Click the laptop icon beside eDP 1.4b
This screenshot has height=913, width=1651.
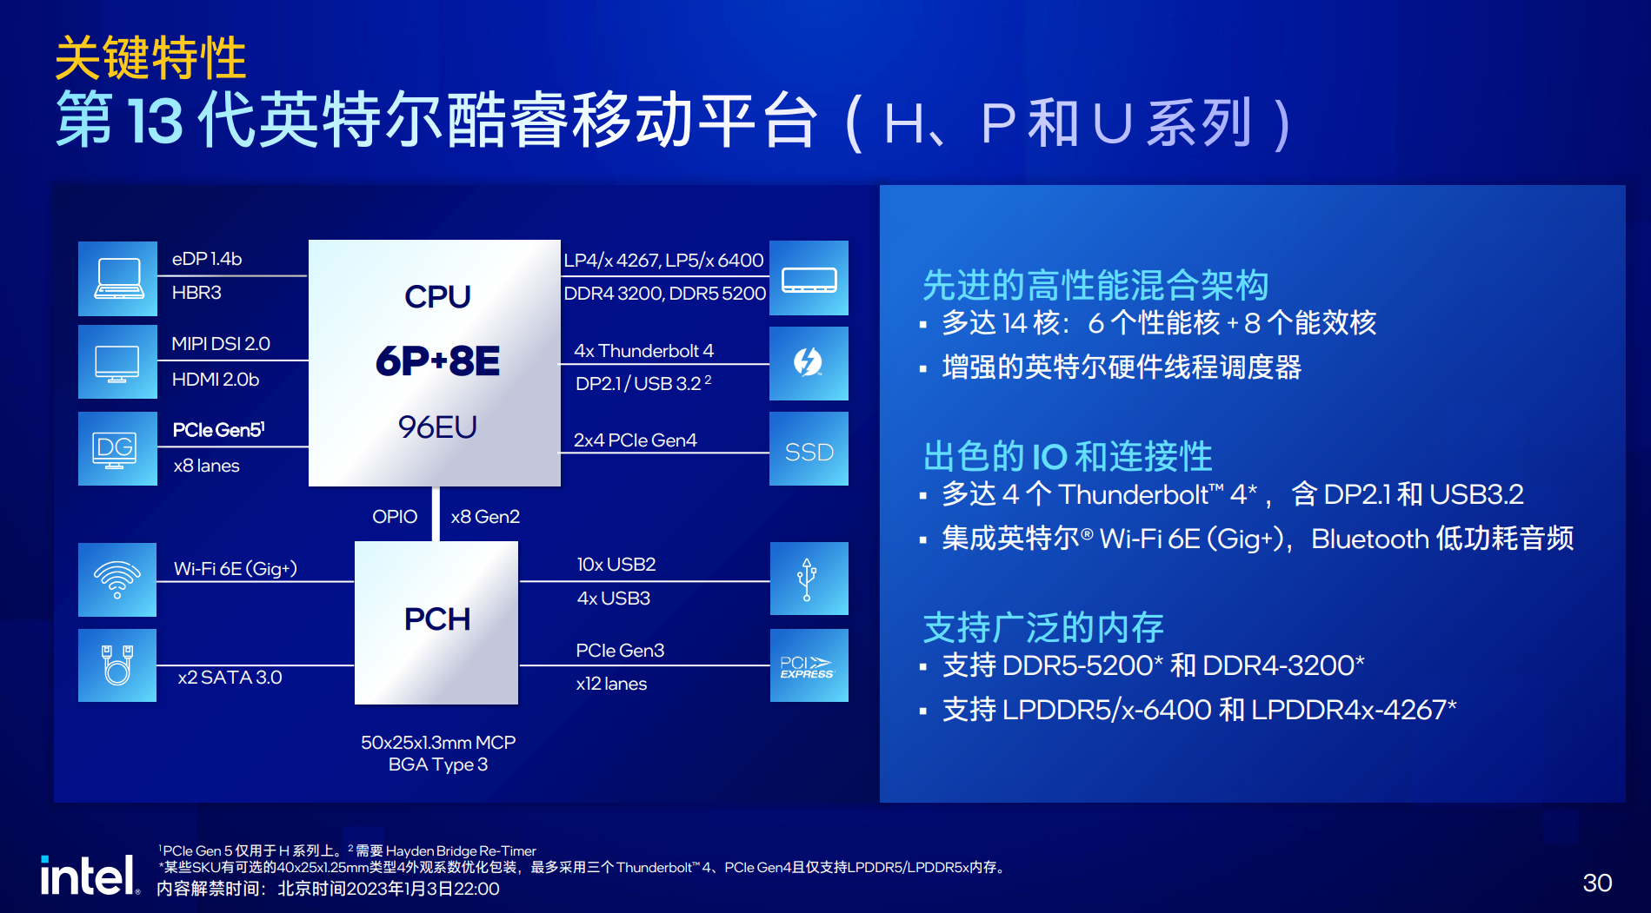(x=117, y=278)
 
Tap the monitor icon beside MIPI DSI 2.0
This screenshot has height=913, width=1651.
(x=117, y=362)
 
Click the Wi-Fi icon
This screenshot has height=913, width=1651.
(x=117, y=579)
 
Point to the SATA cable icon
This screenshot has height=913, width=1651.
(x=117, y=665)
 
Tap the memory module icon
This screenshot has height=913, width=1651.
(x=809, y=278)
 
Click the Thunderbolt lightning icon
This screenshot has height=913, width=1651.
(x=809, y=362)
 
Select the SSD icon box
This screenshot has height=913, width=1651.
(x=809, y=448)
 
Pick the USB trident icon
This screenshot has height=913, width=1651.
(x=809, y=579)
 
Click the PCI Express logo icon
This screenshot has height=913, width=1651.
(x=809, y=665)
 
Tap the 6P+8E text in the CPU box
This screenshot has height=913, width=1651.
(x=437, y=361)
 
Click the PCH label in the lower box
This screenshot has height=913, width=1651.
(x=437, y=619)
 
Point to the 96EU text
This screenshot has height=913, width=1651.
(x=437, y=427)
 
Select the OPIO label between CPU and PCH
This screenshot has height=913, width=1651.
(x=395, y=517)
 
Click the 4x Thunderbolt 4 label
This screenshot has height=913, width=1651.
(x=643, y=351)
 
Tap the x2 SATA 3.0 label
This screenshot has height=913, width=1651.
(x=230, y=678)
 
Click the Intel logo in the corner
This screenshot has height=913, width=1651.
(x=90, y=875)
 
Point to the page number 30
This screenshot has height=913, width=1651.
(x=1597, y=883)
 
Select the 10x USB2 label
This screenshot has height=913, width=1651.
(x=616, y=565)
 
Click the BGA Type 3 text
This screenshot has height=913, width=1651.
(x=438, y=764)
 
